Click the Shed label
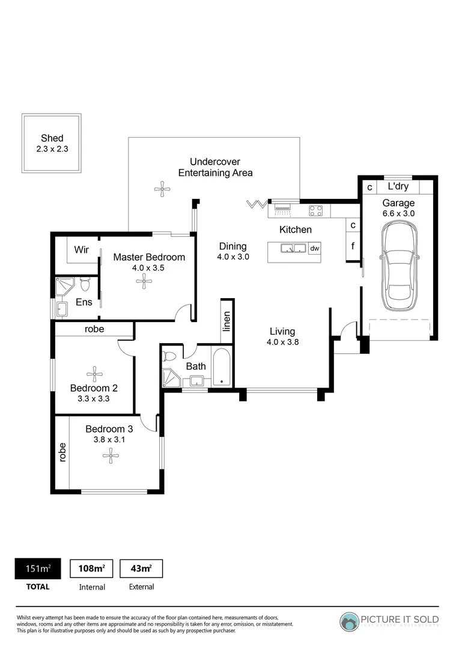point(52,138)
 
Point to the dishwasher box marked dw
point(314,248)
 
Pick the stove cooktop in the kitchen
point(315,210)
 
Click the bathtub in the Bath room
point(222,367)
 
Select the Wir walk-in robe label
point(82,249)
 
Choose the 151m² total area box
point(37,568)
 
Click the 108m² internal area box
point(92,568)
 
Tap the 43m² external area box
point(141,568)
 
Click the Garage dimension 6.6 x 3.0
point(398,213)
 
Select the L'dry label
point(398,186)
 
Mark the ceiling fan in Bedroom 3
point(111,457)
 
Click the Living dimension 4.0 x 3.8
point(282,343)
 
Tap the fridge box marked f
point(353,246)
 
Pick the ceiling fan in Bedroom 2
point(94,373)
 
